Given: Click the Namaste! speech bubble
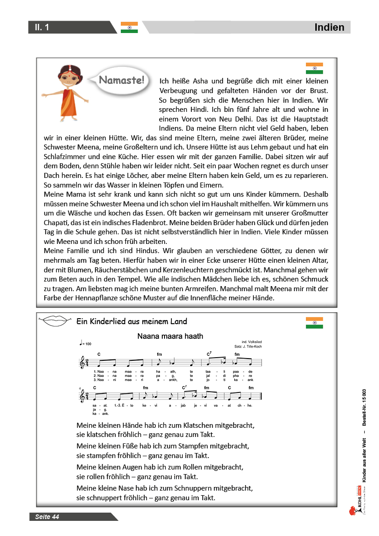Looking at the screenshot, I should pos(121,81).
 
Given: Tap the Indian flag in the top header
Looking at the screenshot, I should pos(129,28).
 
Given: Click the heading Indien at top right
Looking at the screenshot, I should pos(329,28).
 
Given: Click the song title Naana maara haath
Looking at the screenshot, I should pos(170,336).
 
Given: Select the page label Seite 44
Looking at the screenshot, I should pos(47,517).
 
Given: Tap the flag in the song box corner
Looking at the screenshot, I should pos(314,323).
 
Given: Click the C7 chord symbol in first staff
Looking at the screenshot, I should pos(209,354).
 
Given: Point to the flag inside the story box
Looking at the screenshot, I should pos(314,68).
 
